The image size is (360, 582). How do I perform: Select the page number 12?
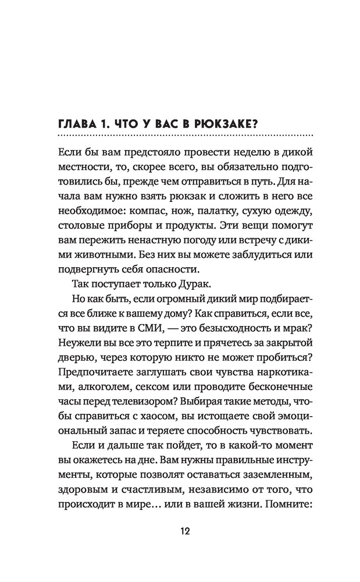[180, 532]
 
